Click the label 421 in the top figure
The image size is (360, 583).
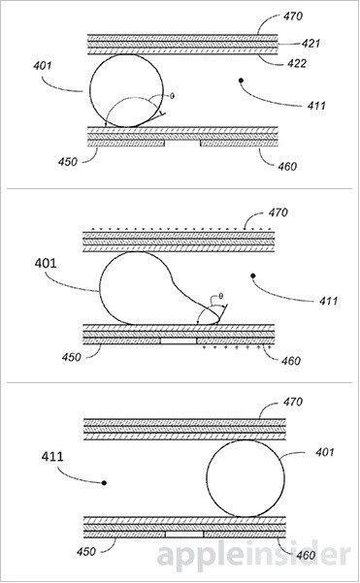click(x=311, y=44)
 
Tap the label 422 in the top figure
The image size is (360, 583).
click(x=297, y=64)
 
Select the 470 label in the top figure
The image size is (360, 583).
click(x=293, y=16)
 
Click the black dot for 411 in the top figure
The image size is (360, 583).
click(x=241, y=80)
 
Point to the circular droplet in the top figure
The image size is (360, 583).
click(x=89, y=91)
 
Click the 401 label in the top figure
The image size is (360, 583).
click(x=43, y=66)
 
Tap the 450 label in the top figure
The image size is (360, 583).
click(x=67, y=162)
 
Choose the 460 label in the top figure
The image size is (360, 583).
click(x=287, y=166)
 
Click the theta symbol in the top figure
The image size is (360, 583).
click(x=172, y=96)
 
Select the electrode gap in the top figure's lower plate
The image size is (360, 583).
click(x=182, y=144)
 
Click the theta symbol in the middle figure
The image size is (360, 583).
click(x=221, y=296)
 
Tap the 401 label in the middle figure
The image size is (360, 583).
click(x=46, y=263)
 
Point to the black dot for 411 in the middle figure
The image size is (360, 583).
click(x=253, y=275)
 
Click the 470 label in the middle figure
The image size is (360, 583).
click(x=278, y=212)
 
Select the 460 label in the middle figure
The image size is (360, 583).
click(x=291, y=361)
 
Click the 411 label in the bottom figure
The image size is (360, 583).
click(x=52, y=456)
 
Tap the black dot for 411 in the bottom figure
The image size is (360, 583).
click(x=104, y=483)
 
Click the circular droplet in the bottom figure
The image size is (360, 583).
click(x=207, y=478)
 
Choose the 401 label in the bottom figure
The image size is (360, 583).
click(x=325, y=452)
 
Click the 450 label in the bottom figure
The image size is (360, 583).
click(x=86, y=551)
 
